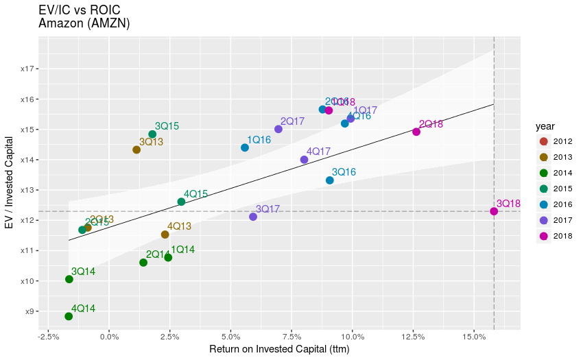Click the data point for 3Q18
494,211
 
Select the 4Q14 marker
69,316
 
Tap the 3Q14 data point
69,279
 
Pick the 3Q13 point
136,149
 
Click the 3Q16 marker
330,180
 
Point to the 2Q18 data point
416,132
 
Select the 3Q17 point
253,217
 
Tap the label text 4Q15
196,194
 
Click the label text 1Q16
259,140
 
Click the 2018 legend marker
544,236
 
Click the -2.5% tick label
48,337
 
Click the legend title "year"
545,126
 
